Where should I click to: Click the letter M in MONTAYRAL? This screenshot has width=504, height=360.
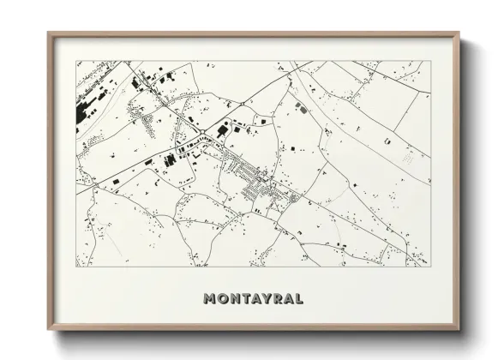point(210,299)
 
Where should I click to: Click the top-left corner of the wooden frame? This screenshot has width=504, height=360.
point(49,33)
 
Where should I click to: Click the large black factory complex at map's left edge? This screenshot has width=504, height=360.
point(86,112)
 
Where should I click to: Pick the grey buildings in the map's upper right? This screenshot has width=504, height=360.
point(301,108)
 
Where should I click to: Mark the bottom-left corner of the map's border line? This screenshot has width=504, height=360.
point(77,267)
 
